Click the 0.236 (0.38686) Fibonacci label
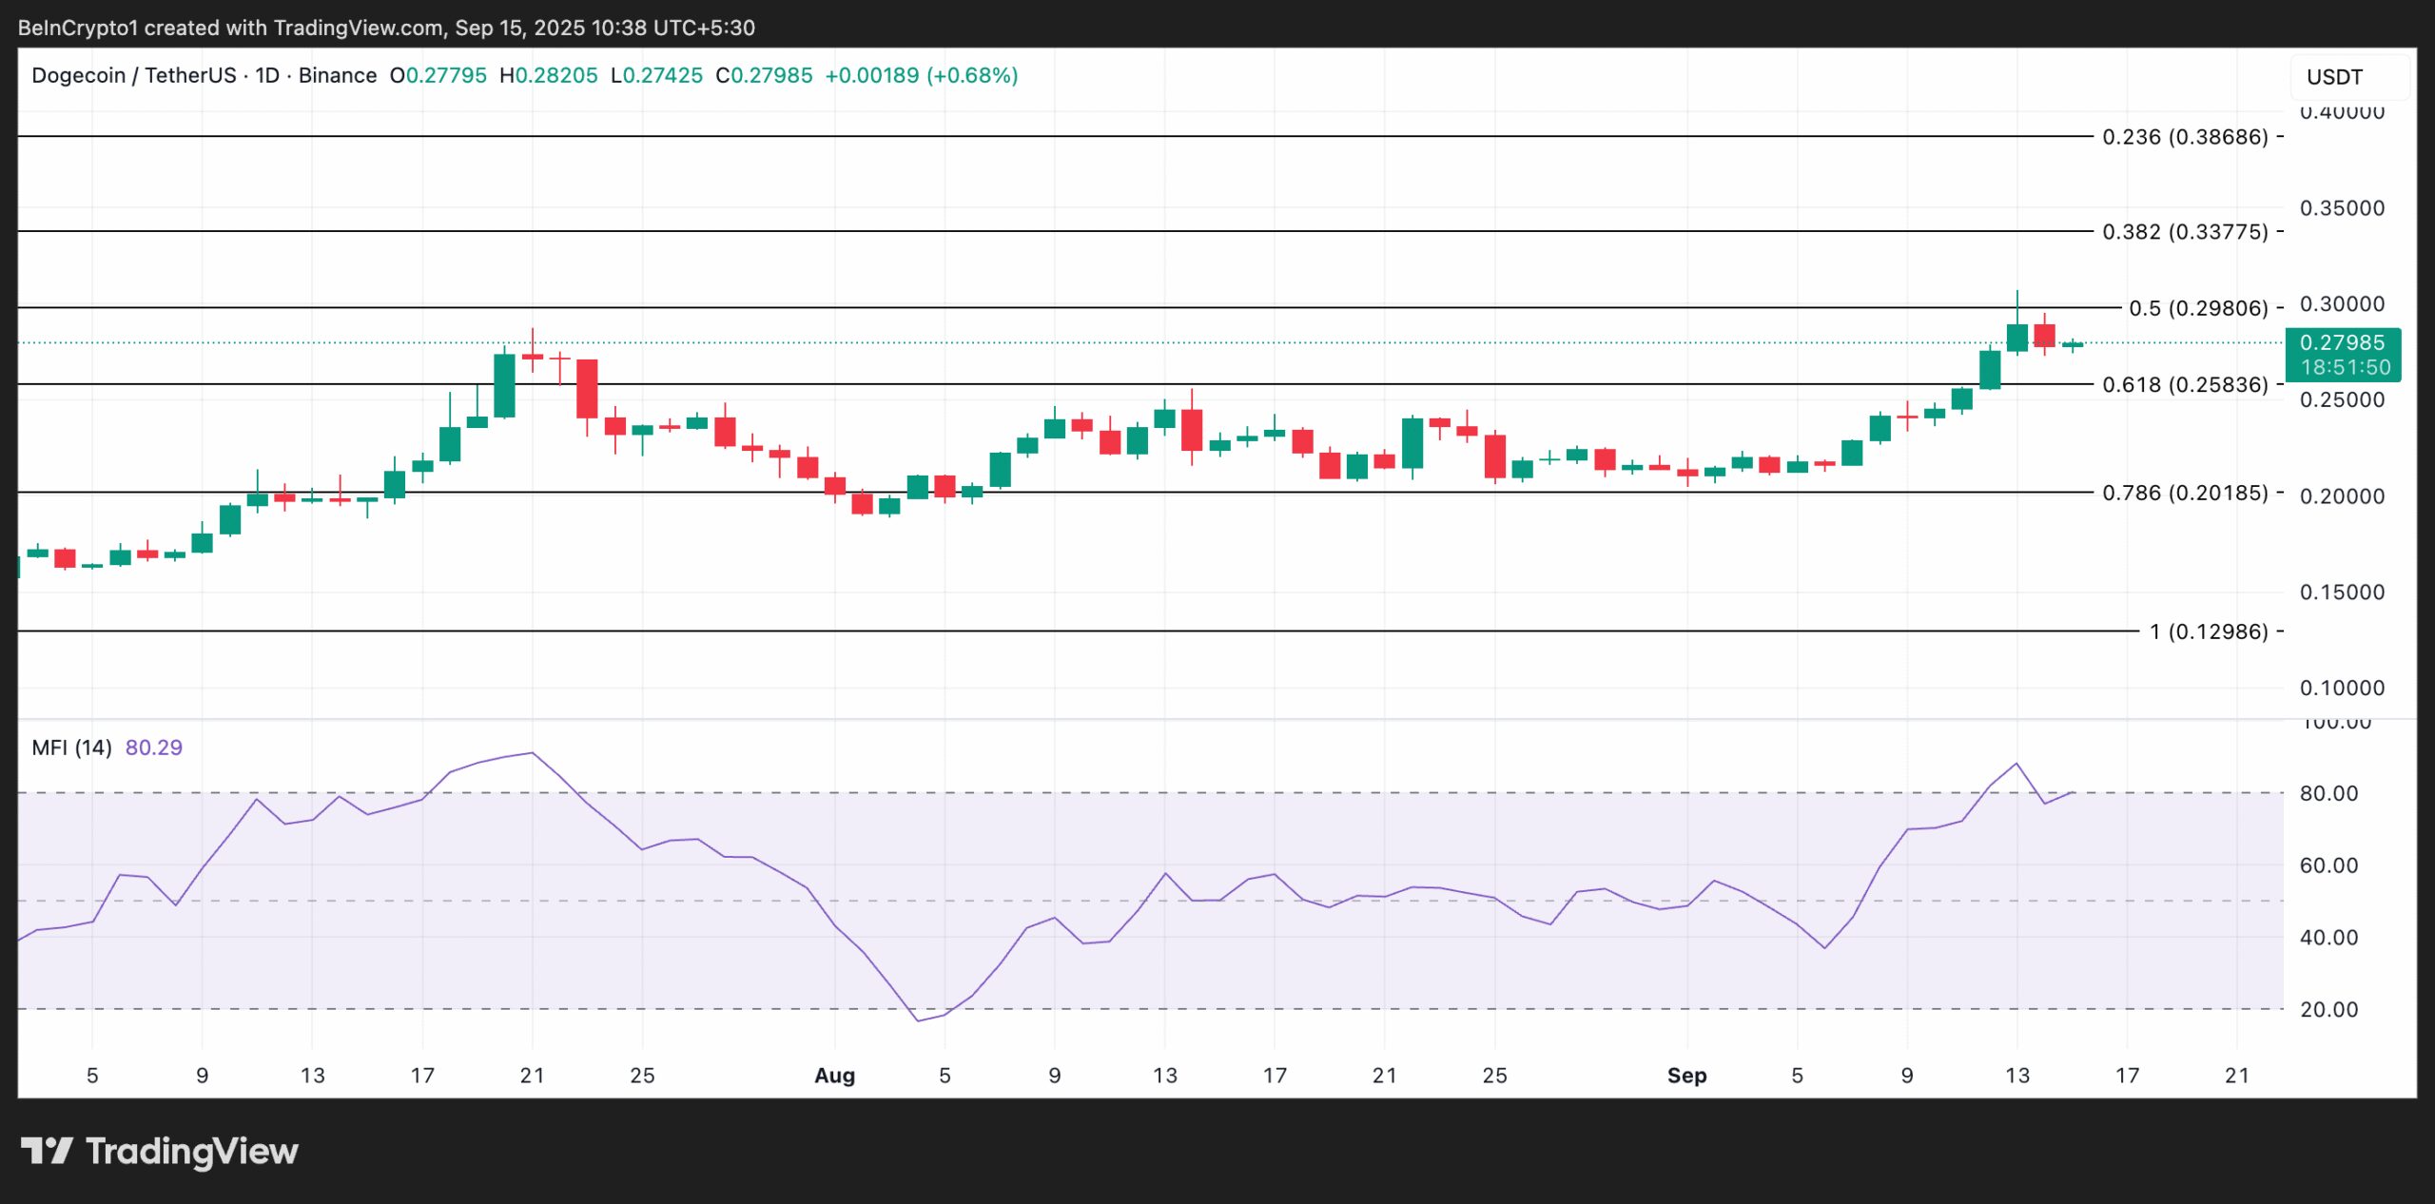[2184, 137]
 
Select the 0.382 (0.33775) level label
[2184, 232]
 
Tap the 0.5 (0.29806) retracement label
[2197, 308]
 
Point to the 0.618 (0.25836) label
[2184, 384]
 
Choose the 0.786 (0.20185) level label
[2184, 493]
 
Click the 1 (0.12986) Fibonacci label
[2208, 631]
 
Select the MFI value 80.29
[153, 748]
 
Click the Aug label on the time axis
[834, 1076]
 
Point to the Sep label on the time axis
[1686, 1076]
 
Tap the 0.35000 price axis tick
[2341, 208]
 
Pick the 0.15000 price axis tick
[2341, 592]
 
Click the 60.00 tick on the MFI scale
[2328, 865]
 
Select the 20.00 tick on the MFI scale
[2328, 1010]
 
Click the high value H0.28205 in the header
[549, 75]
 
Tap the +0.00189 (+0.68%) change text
[921, 75]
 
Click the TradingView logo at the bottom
[159, 1152]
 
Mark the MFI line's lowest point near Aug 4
[917, 1021]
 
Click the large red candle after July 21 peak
[587, 388]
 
